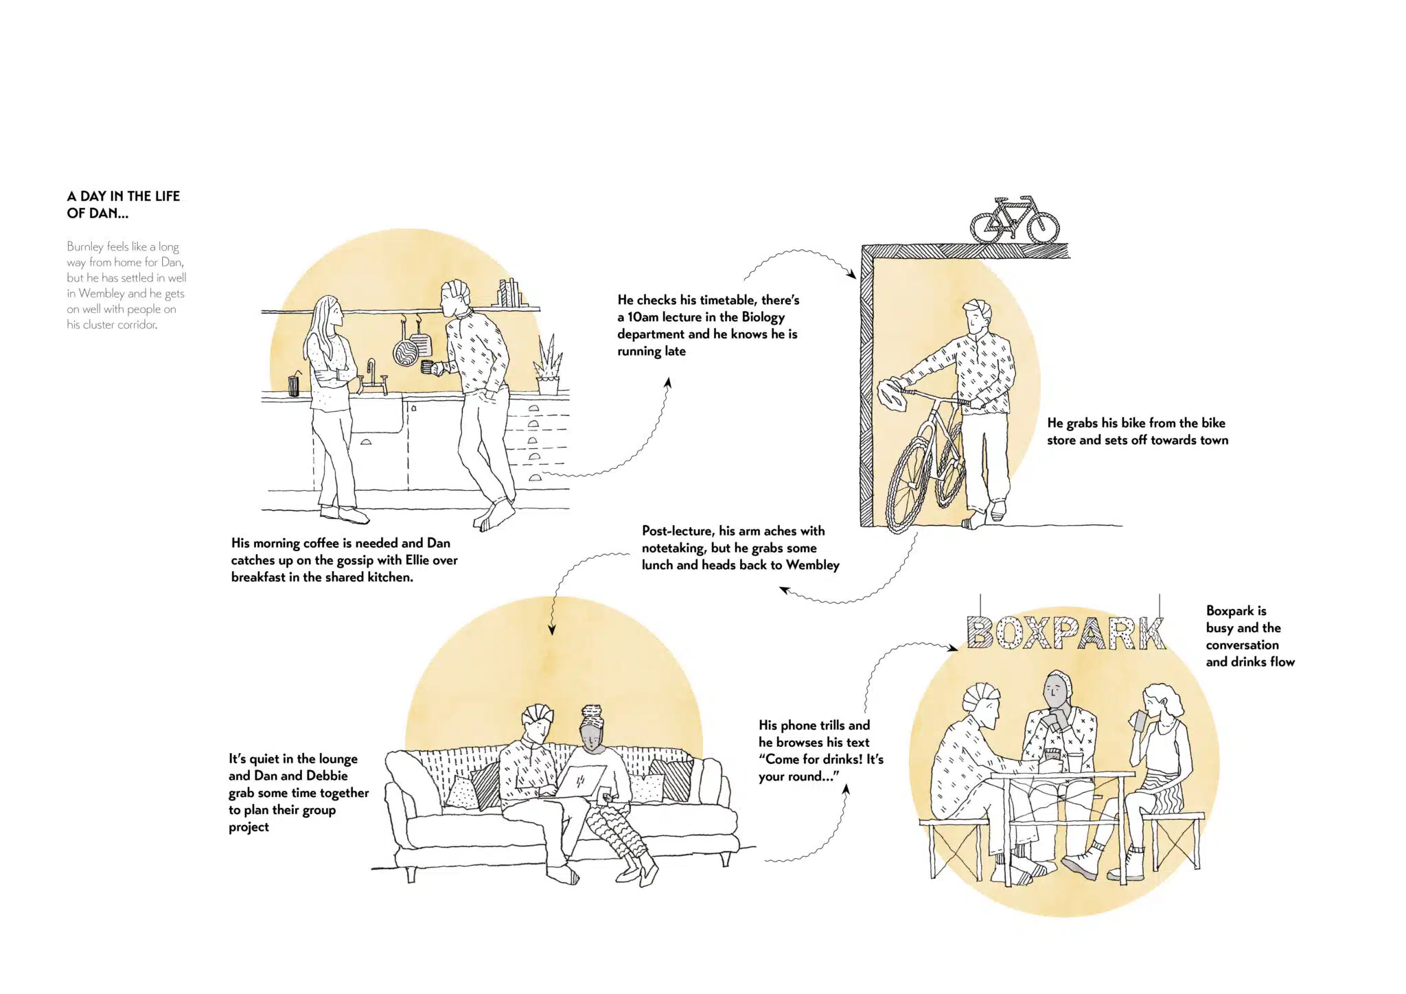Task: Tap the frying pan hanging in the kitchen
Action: tap(405, 349)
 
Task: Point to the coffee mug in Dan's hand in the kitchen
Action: tap(429, 367)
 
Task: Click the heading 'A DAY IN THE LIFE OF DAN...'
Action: tap(124, 205)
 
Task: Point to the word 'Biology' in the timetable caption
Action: tap(763, 317)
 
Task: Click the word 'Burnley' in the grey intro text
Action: tap(85, 246)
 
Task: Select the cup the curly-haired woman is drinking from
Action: tap(1137, 720)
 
